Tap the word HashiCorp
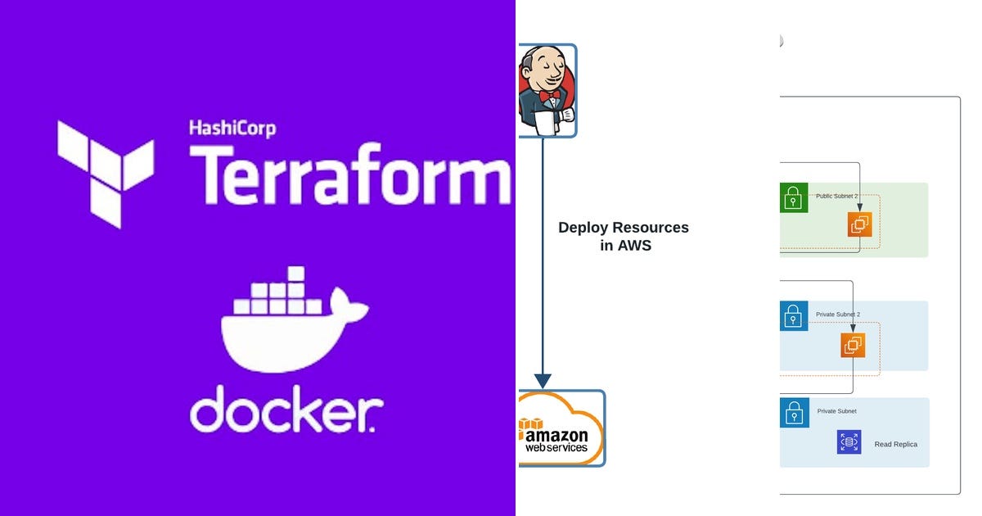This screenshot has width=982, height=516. coord(232,128)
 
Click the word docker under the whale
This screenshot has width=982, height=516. coord(286,409)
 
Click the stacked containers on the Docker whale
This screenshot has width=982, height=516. coord(278,296)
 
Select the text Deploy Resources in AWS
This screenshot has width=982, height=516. coord(624,236)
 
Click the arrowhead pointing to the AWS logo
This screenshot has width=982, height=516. coord(542,381)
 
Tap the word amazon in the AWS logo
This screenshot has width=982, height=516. coord(556,435)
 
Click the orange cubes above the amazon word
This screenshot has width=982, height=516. coord(530,424)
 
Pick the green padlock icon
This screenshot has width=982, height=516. coord(793,198)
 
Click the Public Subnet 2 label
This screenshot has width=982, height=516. coord(838,197)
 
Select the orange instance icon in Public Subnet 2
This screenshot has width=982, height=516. coord(859,224)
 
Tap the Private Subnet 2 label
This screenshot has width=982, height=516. coord(838,315)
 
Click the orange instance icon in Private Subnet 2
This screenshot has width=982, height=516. coord(853,345)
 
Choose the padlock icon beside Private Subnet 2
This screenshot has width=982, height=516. coord(793,316)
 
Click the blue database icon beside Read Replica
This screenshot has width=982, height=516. coord(849,442)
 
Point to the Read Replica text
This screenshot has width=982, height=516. coord(895,444)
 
